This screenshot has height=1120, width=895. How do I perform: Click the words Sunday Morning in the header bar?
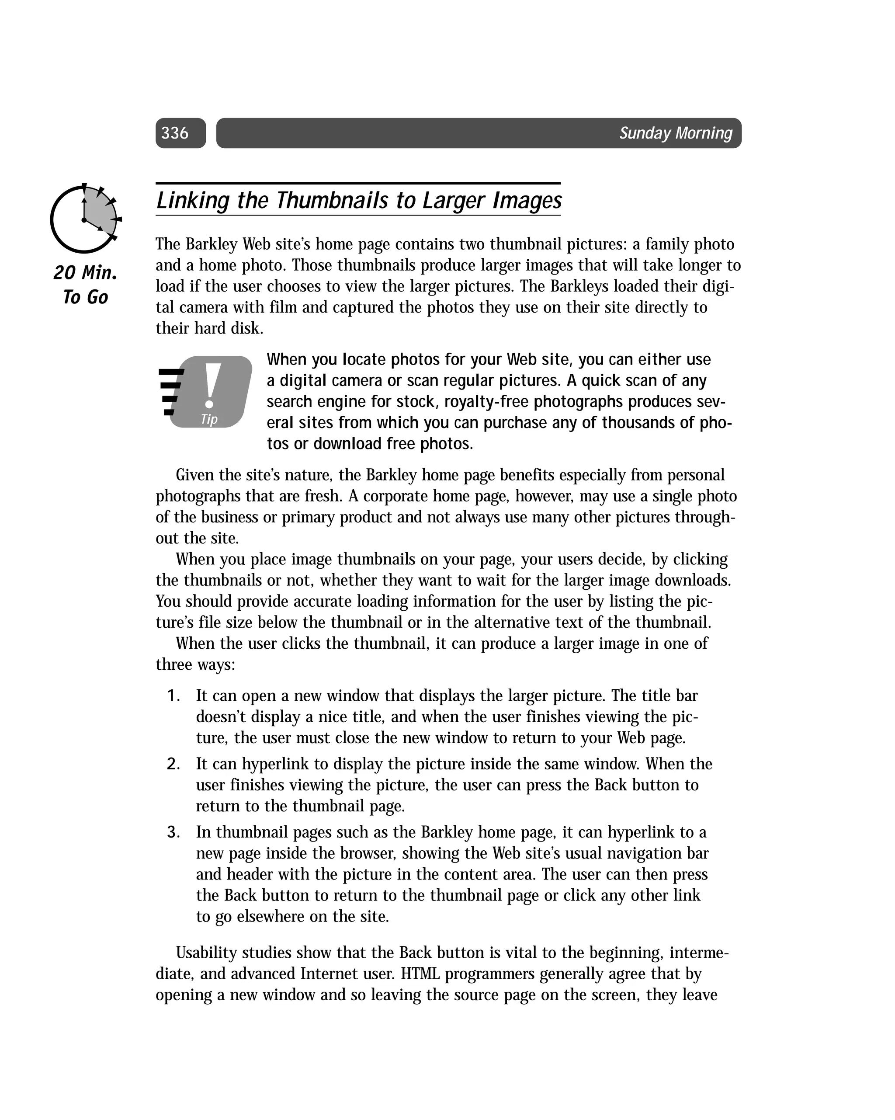[x=675, y=133]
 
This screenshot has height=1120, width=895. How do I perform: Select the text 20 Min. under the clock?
[x=85, y=272]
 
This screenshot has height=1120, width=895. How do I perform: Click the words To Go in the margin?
[x=85, y=297]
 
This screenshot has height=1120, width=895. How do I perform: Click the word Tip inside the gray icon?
[x=209, y=419]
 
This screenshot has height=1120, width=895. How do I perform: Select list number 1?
[x=173, y=696]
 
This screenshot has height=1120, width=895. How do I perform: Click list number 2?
[x=173, y=764]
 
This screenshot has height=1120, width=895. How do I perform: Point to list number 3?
[x=173, y=832]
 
